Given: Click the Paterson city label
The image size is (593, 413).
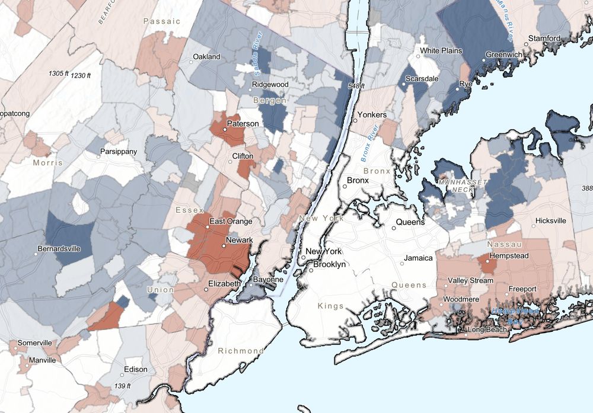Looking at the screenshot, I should [x=244, y=123].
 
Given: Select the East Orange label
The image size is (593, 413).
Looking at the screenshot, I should [x=231, y=221].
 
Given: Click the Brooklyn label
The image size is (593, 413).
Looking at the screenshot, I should [x=329, y=265].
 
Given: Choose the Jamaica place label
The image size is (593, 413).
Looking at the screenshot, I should [x=418, y=258].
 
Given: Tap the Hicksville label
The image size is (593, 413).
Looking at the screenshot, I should [x=550, y=220].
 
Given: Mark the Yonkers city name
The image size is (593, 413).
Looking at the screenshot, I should [x=372, y=114].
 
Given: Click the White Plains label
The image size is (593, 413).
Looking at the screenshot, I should [x=441, y=50].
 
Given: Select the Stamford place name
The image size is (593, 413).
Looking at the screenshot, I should [x=545, y=39].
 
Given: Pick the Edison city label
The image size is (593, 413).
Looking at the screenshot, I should [x=135, y=369].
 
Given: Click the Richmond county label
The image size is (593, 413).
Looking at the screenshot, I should [x=240, y=351].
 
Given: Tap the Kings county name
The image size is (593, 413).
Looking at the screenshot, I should [x=330, y=306].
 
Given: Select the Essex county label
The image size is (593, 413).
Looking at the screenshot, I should [x=190, y=210].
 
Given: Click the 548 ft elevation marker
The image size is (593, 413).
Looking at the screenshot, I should [x=356, y=87].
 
